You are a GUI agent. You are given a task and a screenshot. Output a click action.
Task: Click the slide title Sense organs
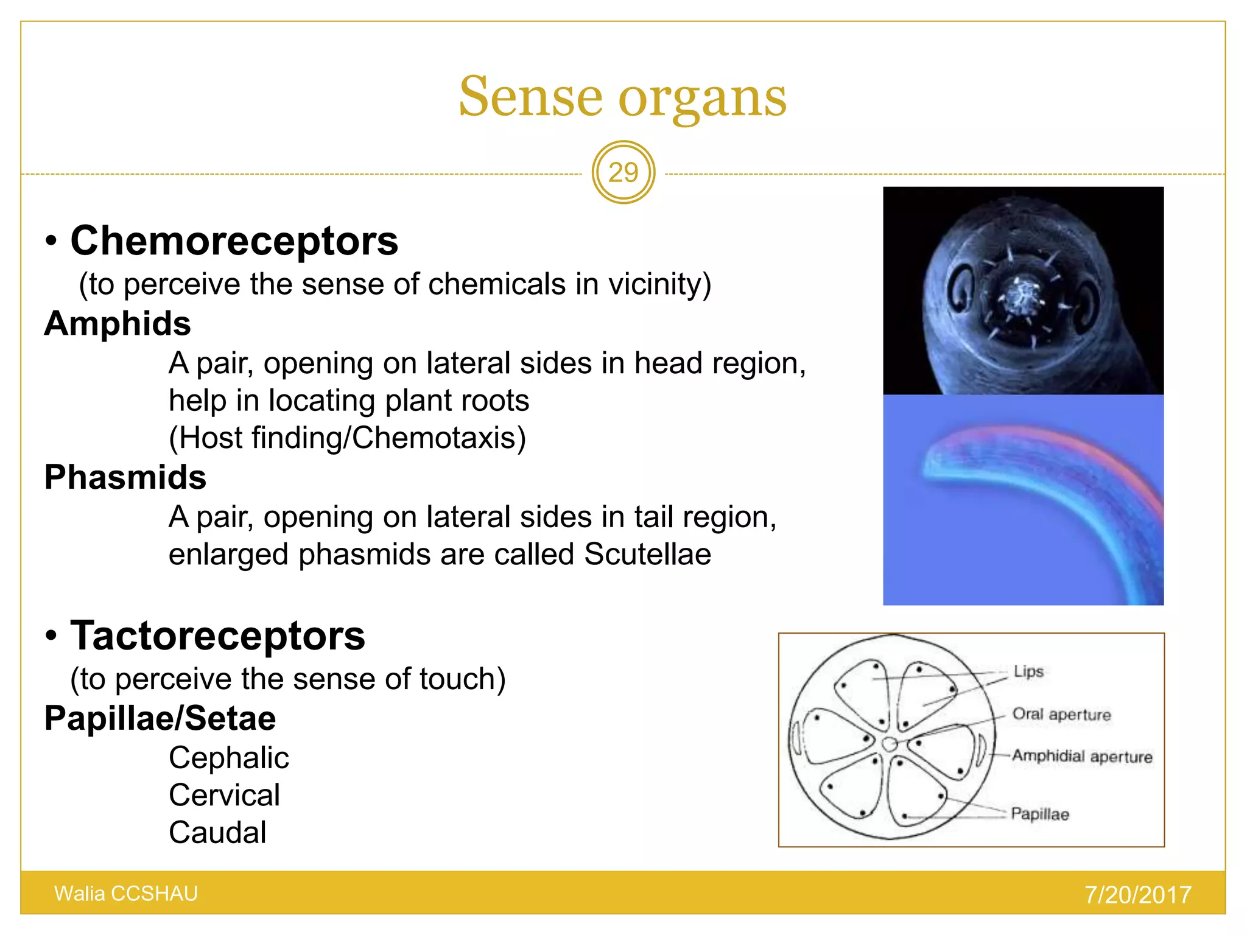tap(622, 97)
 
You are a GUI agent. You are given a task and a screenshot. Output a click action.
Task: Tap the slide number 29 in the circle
tap(623, 173)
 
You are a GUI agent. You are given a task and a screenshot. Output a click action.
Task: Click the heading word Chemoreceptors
tap(234, 240)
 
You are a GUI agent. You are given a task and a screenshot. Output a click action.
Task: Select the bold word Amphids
tap(118, 323)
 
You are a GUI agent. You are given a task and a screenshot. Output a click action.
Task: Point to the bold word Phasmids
tap(125, 477)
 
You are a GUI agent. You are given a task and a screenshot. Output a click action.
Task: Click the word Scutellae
tap(647, 555)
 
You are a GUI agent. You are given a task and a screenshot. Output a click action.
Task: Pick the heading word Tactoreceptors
tap(217, 636)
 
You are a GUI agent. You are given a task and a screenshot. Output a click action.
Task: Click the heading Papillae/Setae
tap(160, 718)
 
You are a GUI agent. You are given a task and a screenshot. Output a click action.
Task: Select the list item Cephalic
tap(228, 758)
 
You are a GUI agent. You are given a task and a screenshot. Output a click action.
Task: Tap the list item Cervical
tap(224, 795)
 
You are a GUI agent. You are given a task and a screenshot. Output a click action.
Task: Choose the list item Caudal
tap(217, 833)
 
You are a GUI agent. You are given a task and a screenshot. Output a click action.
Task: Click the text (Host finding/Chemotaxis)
tap(347, 438)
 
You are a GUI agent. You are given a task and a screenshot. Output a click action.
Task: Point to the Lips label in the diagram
tap(1028, 671)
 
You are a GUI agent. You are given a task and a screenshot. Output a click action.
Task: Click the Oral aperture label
tap(1061, 714)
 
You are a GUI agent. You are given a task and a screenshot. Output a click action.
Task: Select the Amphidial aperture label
tap(1082, 756)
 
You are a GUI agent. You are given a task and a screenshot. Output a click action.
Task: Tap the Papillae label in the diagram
tap(1039, 814)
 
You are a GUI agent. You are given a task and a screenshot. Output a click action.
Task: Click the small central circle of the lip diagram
tap(889, 744)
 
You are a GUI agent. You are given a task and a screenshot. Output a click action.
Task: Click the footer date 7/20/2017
tap(1137, 895)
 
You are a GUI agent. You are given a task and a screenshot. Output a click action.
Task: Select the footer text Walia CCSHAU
tap(126, 894)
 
